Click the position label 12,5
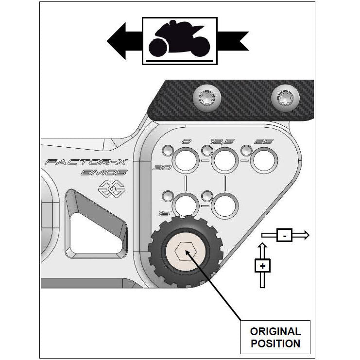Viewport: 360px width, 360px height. tap(222, 141)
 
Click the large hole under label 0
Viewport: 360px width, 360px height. tap(185, 160)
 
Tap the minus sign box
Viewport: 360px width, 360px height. tap(284, 235)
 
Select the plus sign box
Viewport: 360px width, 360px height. tap(262, 266)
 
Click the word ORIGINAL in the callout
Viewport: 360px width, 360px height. tap(275, 332)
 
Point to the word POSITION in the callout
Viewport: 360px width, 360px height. tap(275, 344)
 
